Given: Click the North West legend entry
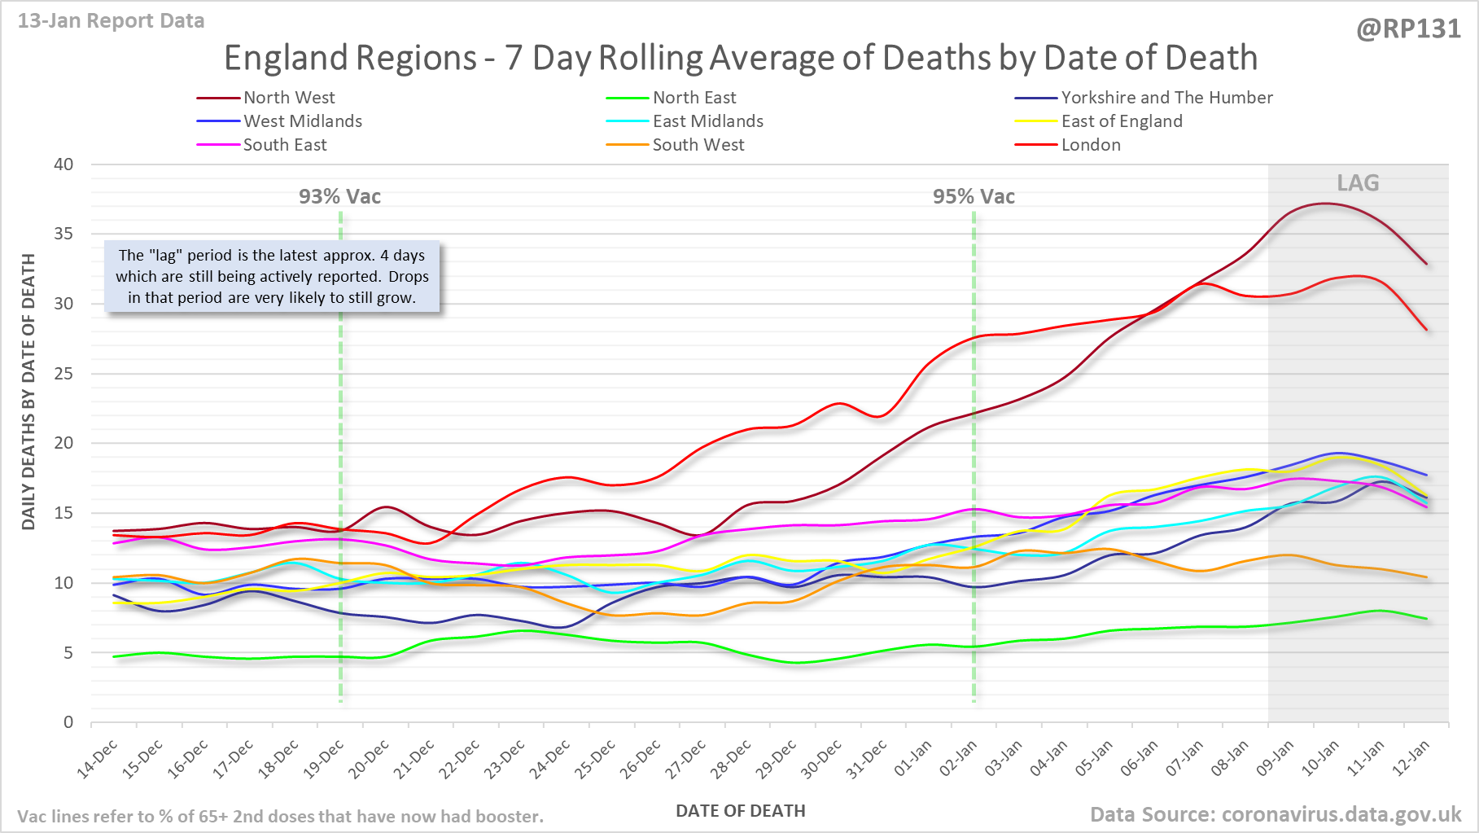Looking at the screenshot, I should click(289, 98).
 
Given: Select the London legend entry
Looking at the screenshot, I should click(1091, 145).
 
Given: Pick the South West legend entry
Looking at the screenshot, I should click(698, 145).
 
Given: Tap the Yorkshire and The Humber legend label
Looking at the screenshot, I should click(1166, 98).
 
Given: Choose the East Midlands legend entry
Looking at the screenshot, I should click(708, 121).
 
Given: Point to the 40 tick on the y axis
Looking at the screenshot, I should click(63, 164).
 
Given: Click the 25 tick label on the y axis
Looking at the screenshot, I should click(63, 374).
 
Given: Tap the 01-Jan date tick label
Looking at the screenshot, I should click(913, 760).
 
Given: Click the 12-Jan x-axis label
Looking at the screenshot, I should click(1411, 760).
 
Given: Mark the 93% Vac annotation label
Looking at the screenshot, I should click(339, 197).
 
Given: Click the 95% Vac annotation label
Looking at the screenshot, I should click(974, 197).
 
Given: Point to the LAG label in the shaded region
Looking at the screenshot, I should click(1358, 183).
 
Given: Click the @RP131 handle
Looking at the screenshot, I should click(1408, 29).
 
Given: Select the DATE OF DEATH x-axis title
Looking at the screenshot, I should click(741, 811).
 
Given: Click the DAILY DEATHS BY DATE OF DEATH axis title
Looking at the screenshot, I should click(28, 392).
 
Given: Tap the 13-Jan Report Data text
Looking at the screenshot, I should click(112, 21).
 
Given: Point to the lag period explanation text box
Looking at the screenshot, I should click(272, 277).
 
